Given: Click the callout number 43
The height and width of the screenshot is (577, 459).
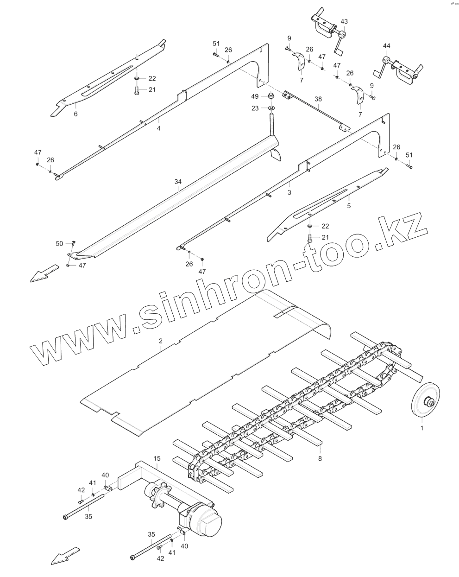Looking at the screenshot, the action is pos(344,21).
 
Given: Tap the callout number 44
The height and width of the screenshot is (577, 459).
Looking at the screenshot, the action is pos(386,45).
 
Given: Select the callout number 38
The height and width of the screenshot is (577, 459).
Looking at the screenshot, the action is pos(318,99).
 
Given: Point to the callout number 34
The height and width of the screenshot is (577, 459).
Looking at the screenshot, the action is pos(178,182).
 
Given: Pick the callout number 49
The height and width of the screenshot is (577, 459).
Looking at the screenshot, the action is pos(254,96).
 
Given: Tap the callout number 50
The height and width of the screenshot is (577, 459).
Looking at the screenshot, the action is pos(59,243).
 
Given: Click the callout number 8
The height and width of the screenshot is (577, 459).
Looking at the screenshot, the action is pos(320,458).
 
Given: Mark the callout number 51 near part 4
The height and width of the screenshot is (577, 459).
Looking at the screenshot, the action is pos(216,44).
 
